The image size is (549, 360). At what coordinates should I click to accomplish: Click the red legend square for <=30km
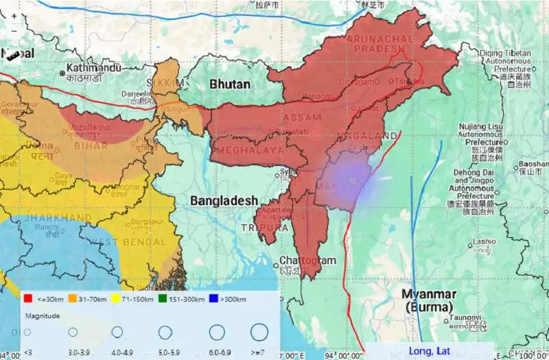(28, 299)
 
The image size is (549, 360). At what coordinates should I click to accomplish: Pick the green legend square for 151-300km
(163, 299)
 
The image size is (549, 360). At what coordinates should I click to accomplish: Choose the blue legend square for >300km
(215, 299)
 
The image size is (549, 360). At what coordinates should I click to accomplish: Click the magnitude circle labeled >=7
(259, 333)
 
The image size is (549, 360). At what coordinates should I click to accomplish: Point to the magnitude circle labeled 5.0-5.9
(165, 333)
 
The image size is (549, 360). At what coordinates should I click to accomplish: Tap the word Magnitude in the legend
(42, 316)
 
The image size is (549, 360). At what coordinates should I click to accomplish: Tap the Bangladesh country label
(224, 200)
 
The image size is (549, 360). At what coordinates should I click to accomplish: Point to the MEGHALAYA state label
(250, 150)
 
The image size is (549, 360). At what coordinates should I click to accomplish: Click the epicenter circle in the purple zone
(353, 180)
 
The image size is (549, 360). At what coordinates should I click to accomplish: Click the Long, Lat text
(430, 350)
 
